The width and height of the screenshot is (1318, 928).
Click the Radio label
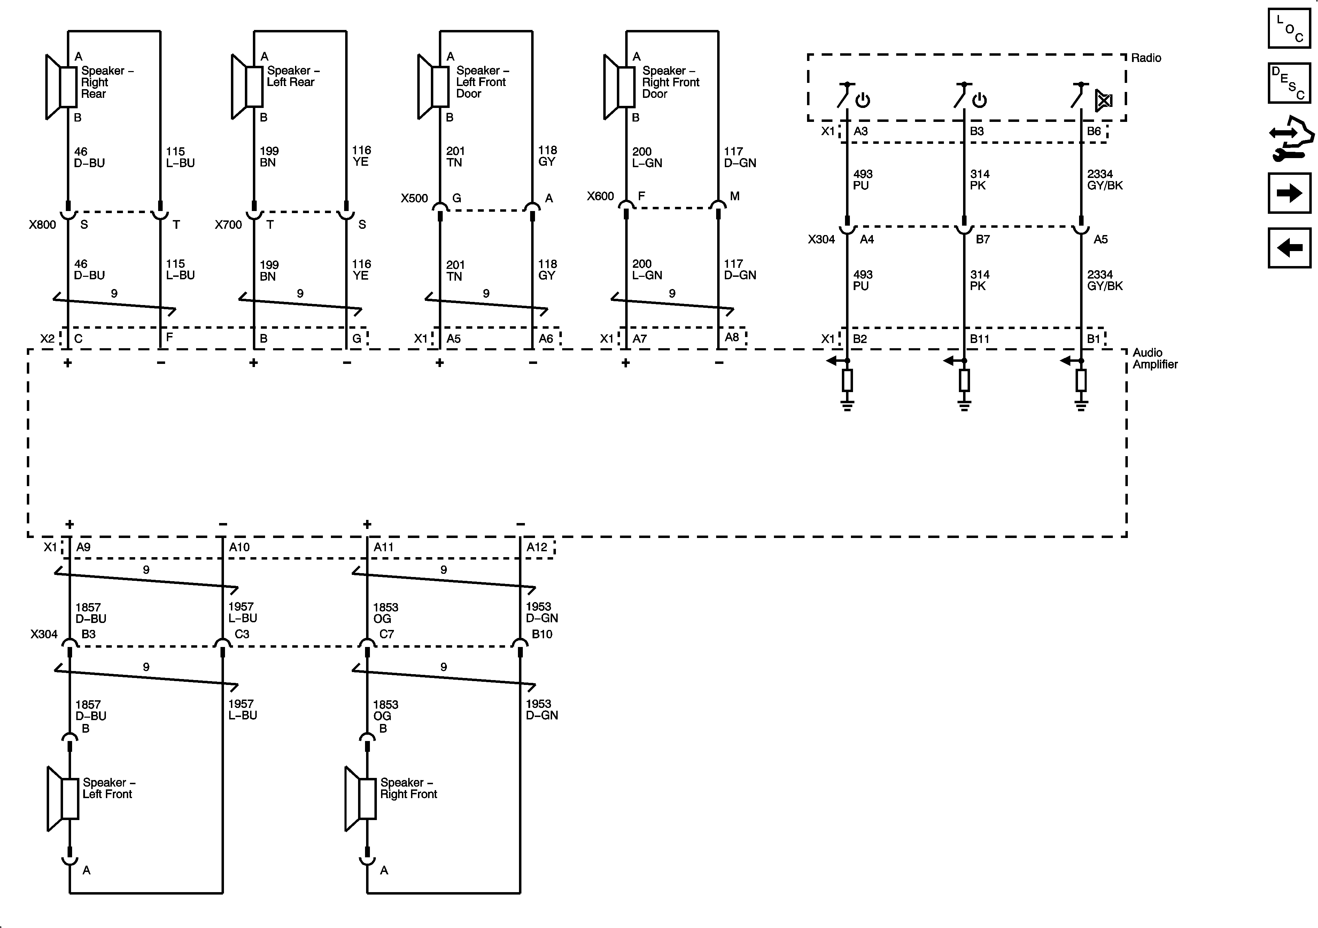point(1146,58)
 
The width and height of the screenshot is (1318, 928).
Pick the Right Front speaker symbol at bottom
point(360,798)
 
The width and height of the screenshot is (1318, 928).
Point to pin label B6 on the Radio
point(1094,131)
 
